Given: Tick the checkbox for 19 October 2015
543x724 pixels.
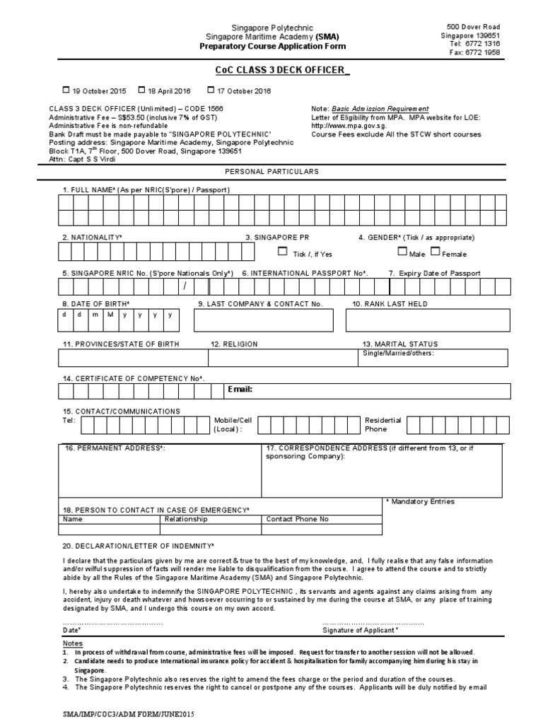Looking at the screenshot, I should [66, 90].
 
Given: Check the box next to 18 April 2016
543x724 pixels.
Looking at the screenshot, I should [141, 90].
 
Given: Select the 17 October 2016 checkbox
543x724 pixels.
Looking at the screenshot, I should [211, 90].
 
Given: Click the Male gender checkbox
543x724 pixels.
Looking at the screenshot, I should [402, 251].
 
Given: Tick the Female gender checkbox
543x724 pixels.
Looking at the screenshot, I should [435, 251].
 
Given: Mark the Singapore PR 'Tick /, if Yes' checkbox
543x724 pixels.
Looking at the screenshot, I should [283, 251].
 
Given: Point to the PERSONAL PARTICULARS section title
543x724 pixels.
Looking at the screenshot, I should [271, 172].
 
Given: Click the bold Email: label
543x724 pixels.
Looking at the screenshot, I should [240, 390].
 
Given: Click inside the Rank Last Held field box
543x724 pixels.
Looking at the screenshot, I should [426, 321].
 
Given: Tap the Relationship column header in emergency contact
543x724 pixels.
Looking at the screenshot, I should [186, 519].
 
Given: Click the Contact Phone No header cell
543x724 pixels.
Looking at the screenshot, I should [297, 519].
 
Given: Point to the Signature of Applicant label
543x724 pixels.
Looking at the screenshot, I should [360, 629].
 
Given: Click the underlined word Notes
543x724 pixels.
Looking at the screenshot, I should [73, 643].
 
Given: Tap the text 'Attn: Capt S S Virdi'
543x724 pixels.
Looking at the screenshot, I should [82, 159].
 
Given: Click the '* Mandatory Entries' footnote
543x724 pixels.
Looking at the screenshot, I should [421, 501].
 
